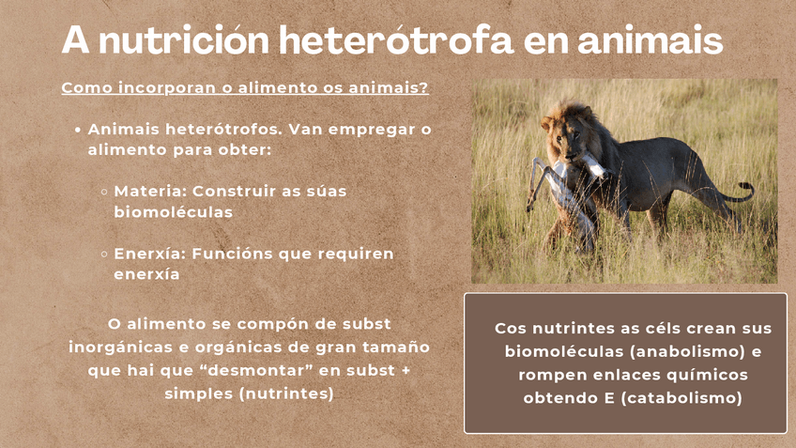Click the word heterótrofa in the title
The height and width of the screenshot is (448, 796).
click(396, 39)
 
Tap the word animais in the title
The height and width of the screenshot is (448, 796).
click(651, 40)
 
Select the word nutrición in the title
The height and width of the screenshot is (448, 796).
click(184, 39)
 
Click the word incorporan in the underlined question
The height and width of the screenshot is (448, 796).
click(167, 88)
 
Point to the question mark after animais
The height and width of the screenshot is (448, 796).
click(424, 86)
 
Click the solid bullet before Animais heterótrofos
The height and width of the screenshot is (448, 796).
click(78, 130)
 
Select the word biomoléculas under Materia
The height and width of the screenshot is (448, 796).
click(173, 212)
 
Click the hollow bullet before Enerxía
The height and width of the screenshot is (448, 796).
click(104, 254)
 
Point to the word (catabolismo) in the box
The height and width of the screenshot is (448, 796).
click(681, 397)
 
